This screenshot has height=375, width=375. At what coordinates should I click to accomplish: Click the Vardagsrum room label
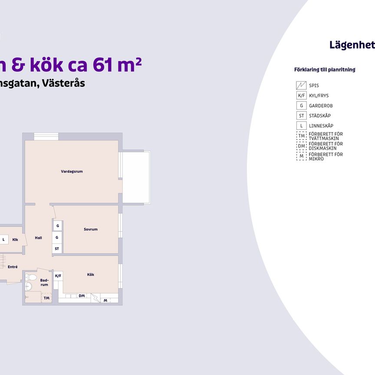click(72, 171)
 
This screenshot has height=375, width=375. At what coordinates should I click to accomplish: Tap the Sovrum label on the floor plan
click(91, 229)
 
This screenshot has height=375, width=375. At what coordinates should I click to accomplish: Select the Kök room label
click(91, 274)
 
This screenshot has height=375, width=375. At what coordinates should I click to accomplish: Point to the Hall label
click(39, 237)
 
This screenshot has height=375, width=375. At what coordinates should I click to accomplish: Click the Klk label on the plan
click(15, 239)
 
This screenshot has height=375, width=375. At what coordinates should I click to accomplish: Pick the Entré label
click(13, 267)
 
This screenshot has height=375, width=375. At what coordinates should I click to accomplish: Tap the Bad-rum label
click(44, 283)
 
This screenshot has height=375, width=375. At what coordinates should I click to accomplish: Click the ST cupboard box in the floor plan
click(57, 249)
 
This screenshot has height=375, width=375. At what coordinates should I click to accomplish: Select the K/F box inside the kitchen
click(58, 276)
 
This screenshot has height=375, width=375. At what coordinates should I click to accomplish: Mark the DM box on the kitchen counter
click(82, 296)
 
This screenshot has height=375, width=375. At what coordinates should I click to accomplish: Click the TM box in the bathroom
click(46, 298)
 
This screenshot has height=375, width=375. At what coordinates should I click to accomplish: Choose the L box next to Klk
click(3, 239)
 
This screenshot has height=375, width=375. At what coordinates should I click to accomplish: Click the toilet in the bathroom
click(31, 277)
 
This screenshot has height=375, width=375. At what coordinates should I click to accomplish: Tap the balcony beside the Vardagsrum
click(136, 177)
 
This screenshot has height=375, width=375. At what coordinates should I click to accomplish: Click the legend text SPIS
click(314, 86)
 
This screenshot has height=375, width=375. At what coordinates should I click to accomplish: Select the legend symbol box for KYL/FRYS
click(301, 95)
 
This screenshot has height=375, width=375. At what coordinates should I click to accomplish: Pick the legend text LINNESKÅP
click(321, 126)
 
